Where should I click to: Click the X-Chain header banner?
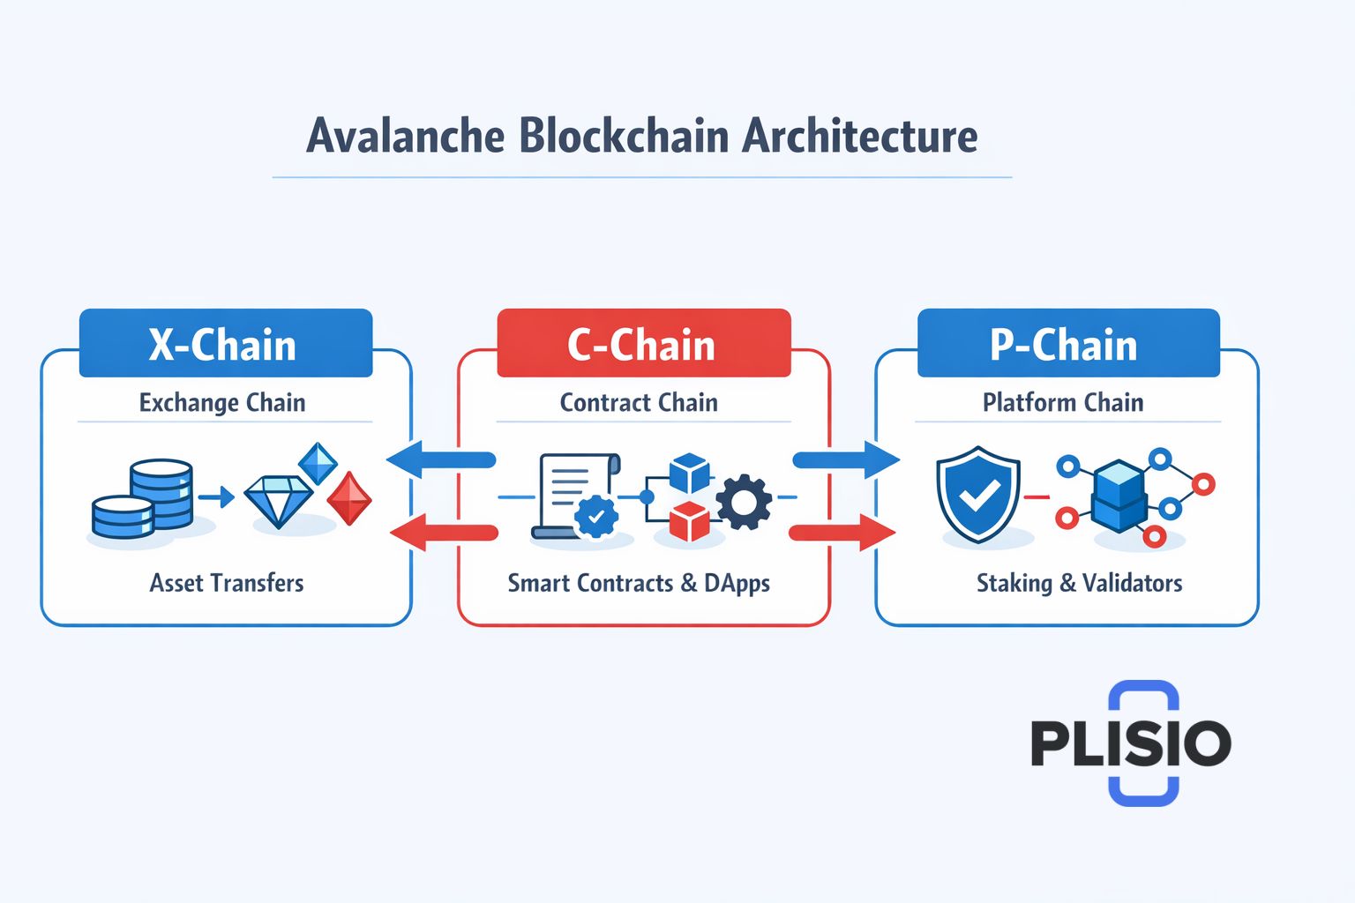(226, 343)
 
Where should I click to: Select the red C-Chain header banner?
(643, 343)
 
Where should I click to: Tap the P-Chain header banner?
(1067, 343)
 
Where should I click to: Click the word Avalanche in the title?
(406, 137)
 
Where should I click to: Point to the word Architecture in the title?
(859, 137)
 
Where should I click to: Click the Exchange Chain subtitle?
(222, 403)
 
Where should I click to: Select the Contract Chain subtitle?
(639, 403)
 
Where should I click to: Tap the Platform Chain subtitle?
(1063, 403)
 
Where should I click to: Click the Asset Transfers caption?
(227, 583)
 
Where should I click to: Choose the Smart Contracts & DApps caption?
(639, 584)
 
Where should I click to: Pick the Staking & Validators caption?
(1079, 583)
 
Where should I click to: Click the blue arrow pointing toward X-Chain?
(441, 459)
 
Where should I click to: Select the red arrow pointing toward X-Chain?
(444, 533)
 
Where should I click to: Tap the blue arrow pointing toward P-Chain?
(845, 459)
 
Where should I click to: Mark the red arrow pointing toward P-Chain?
(842, 533)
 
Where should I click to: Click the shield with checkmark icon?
(977, 496)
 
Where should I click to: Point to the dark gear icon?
(744, 503)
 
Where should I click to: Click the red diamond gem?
(349, 499)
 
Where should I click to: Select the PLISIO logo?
(1131, 743)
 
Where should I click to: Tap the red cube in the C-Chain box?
(689, 521)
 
